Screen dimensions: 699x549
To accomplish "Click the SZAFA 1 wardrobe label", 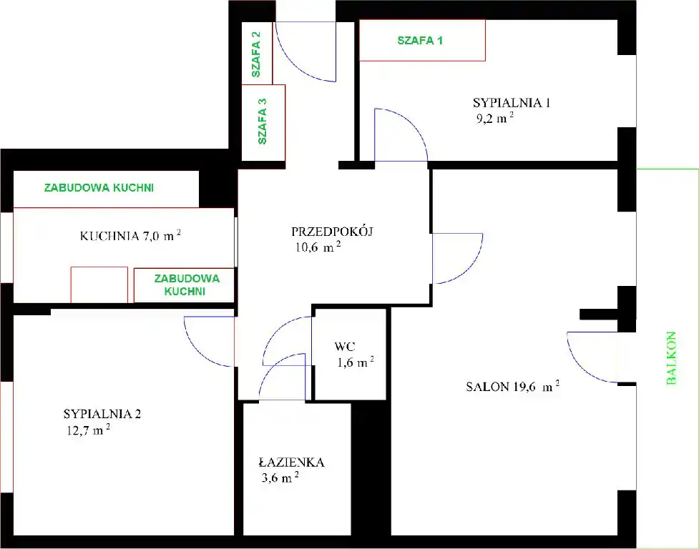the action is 420,41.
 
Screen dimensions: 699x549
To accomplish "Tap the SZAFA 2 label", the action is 256,54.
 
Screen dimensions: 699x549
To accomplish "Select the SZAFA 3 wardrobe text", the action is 262,121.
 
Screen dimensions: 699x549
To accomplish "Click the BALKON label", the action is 671,358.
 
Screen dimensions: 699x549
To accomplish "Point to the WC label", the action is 345,347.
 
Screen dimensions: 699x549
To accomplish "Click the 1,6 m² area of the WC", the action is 356,362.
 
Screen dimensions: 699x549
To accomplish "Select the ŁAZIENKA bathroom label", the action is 291,462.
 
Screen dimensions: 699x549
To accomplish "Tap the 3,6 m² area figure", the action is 280,478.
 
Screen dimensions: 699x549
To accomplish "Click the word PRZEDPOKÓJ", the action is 332,231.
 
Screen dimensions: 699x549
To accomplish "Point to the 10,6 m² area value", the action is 318,247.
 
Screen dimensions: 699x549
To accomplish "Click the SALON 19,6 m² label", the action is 513,386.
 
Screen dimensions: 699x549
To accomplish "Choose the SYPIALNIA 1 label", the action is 512,102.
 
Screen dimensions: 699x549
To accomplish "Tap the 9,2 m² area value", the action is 495,118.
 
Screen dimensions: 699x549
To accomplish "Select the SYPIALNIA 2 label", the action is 102,414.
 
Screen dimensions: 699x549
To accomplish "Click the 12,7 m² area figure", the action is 88,430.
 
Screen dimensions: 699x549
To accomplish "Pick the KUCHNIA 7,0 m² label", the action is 130,235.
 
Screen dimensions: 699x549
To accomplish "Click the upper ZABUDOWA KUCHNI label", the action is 99,187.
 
